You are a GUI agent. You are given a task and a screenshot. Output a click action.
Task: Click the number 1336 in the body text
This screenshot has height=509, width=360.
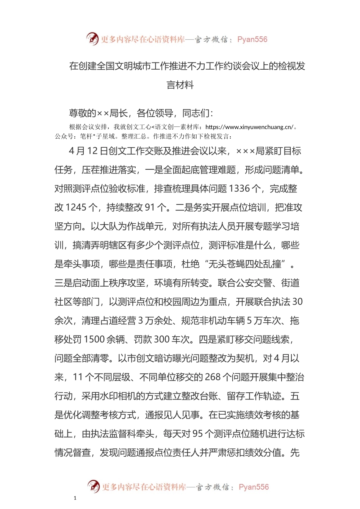[239, 189]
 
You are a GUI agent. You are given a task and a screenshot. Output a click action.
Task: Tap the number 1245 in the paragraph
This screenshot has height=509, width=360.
[76, 208]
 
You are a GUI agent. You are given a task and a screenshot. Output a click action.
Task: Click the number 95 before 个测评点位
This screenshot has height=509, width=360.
[198, 434]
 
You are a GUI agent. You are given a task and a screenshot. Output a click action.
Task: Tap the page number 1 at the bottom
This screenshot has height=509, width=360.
[75, 498]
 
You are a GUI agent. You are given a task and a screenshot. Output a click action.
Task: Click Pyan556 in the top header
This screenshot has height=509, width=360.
[252, 39]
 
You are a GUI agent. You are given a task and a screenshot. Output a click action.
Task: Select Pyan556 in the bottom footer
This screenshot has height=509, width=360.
[254, 487]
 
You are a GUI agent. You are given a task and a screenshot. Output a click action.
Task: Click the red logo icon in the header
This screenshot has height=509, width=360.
[92, 39]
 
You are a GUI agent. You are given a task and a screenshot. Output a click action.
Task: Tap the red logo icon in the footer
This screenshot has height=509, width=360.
[94, 486]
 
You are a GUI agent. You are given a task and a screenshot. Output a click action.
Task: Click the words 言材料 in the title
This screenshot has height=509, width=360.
[180, 85]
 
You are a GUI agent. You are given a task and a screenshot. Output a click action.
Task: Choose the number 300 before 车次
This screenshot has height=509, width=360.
[161, 339]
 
